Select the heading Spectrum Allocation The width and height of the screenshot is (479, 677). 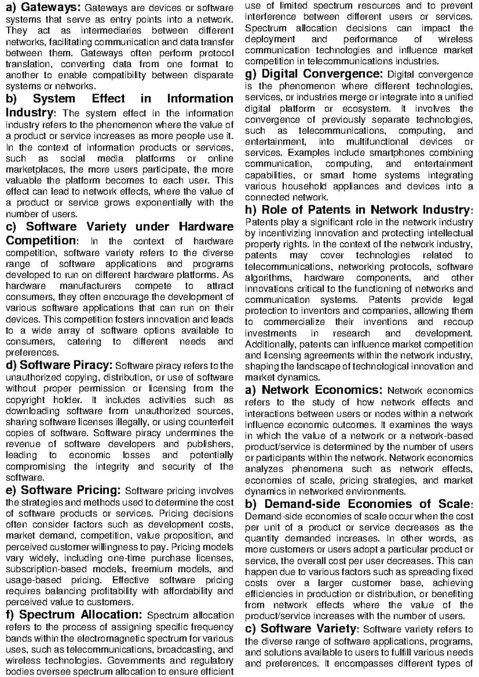pyautogui.click(x=75, y=614)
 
